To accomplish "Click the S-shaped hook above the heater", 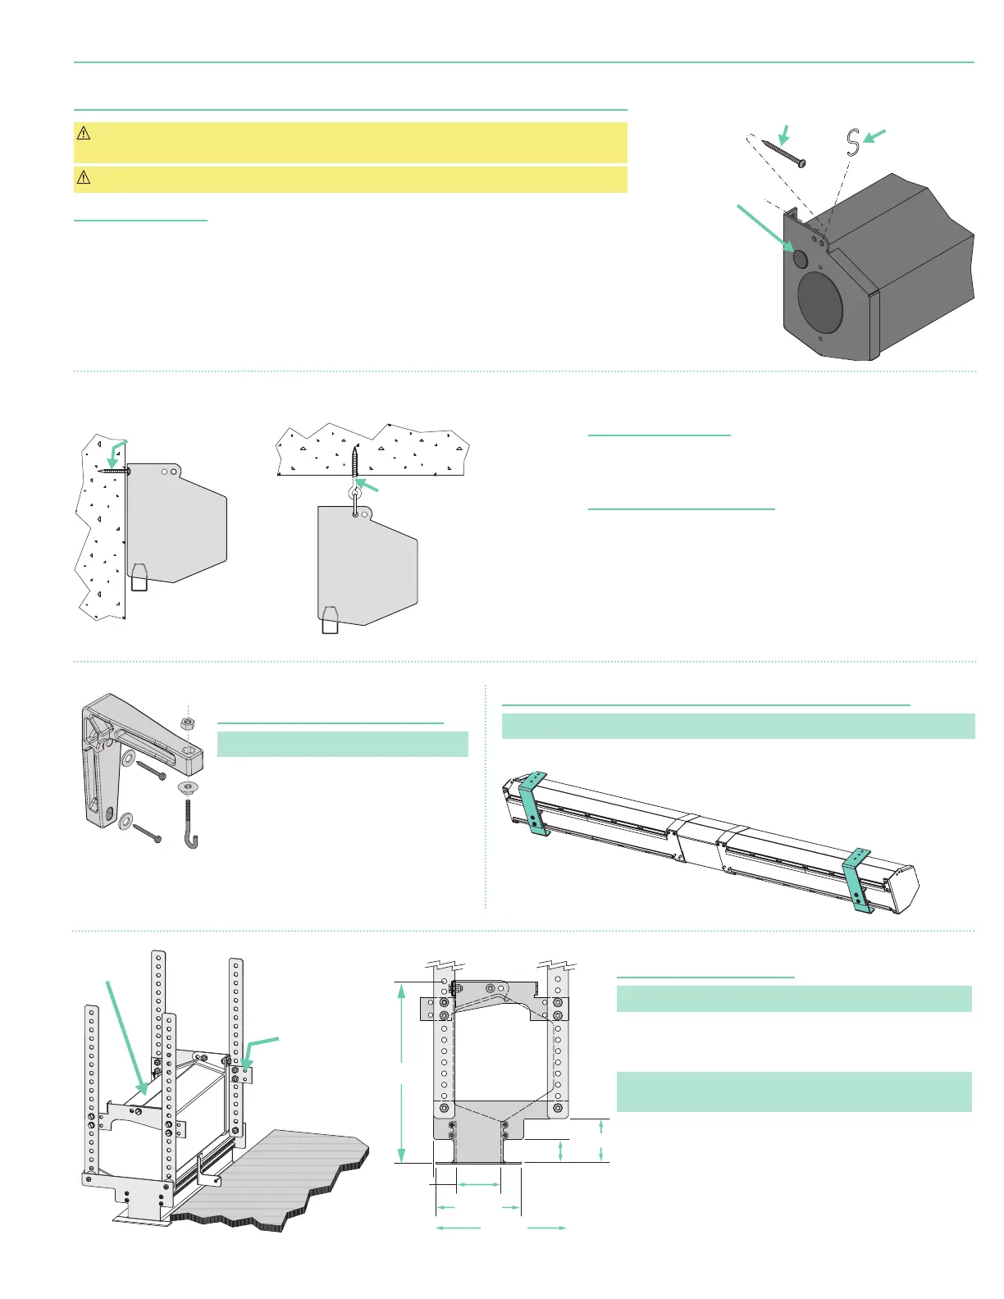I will tap(853, 140).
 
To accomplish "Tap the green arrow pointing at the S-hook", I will tap(875, 136).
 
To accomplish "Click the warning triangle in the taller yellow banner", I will tap(84, 134).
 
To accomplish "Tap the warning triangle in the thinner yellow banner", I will tap(84, 177).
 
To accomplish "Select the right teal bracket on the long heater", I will tap(856, 879).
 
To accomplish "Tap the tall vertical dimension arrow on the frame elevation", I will tap(401, 1074).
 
